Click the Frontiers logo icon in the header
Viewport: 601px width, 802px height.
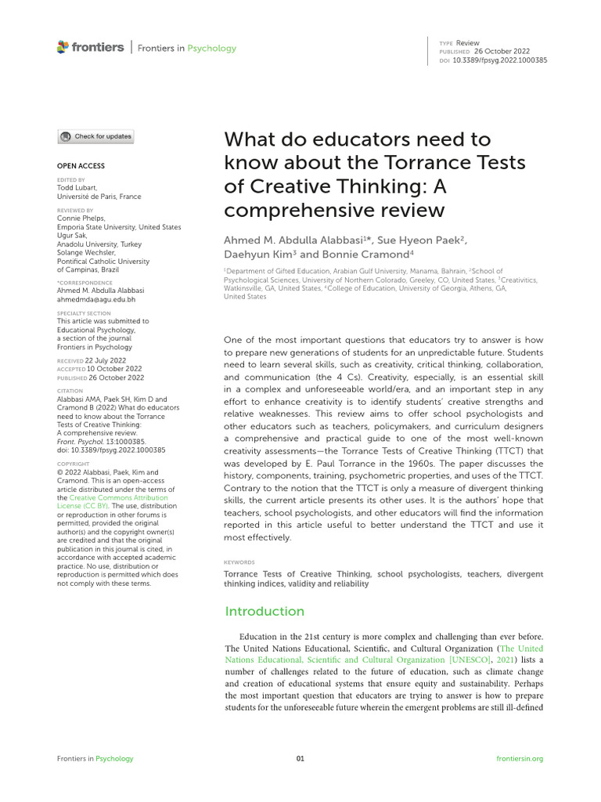click(63, 48)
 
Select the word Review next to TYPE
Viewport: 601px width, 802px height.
click(468, 42)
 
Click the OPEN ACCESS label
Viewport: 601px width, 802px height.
click(81, 166)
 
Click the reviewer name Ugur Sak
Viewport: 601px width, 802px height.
click(72, 235)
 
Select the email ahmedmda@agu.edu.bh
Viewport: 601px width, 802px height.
click(96, 299)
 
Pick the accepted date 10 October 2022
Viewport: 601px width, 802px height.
click(114, 368)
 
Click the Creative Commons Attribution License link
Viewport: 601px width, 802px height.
click(113, 502)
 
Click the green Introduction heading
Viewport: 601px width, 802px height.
click(265, 611)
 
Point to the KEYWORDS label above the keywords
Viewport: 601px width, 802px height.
click(239, 562)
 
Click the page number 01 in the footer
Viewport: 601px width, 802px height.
click(300, 758)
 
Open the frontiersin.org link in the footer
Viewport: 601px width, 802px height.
click(520, 758)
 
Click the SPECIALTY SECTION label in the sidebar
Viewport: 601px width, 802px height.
click(84, 313)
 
